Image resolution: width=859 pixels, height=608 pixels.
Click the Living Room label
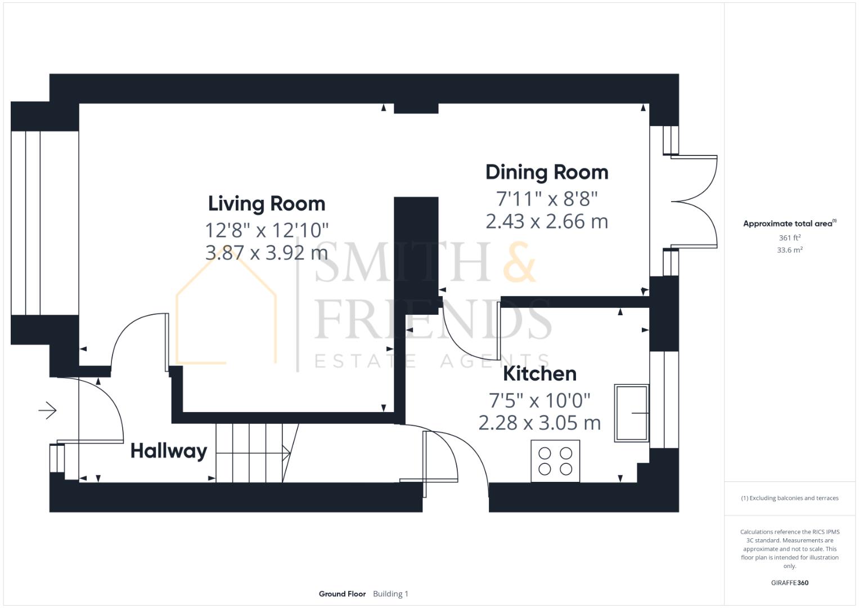(267, 203)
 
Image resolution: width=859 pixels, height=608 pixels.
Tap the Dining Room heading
(547, 172)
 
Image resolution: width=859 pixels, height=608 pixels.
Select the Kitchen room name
(539, 374)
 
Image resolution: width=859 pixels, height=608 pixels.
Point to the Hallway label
(169, 451)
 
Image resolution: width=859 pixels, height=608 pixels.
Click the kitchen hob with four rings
(555, 461)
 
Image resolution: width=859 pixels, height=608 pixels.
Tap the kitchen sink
(632, 413)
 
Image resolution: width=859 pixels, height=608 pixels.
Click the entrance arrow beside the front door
(48, 410)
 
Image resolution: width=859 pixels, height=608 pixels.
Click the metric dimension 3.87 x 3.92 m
(267, 253)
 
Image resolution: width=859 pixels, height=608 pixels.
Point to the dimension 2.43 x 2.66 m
(547, 221)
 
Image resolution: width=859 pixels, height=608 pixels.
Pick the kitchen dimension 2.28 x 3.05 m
(539, 423)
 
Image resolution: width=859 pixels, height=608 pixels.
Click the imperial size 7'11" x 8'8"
(547, 199)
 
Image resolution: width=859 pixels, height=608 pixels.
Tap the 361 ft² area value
(790, 238)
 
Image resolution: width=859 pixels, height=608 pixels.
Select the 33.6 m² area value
(790, 250)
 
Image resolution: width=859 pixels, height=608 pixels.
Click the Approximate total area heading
(790, 223)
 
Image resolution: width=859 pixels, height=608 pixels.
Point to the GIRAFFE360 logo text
(790, 583)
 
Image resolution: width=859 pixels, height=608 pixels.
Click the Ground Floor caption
(342, 594)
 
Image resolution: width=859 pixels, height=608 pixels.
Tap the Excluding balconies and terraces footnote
(790, 498)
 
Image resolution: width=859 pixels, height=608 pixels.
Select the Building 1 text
(390, 594)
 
